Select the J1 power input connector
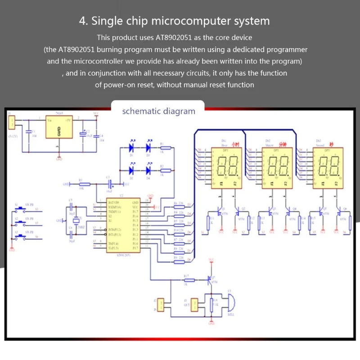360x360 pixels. tap(12, 122)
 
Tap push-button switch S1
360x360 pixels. tap(21, 209)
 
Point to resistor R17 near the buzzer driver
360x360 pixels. tap(189, 280)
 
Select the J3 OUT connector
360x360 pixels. tap(195, 305)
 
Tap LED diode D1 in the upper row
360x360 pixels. tap(132, 147)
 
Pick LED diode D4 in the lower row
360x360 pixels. tap(148, 171)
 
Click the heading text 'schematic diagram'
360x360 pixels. tap(159, 111)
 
